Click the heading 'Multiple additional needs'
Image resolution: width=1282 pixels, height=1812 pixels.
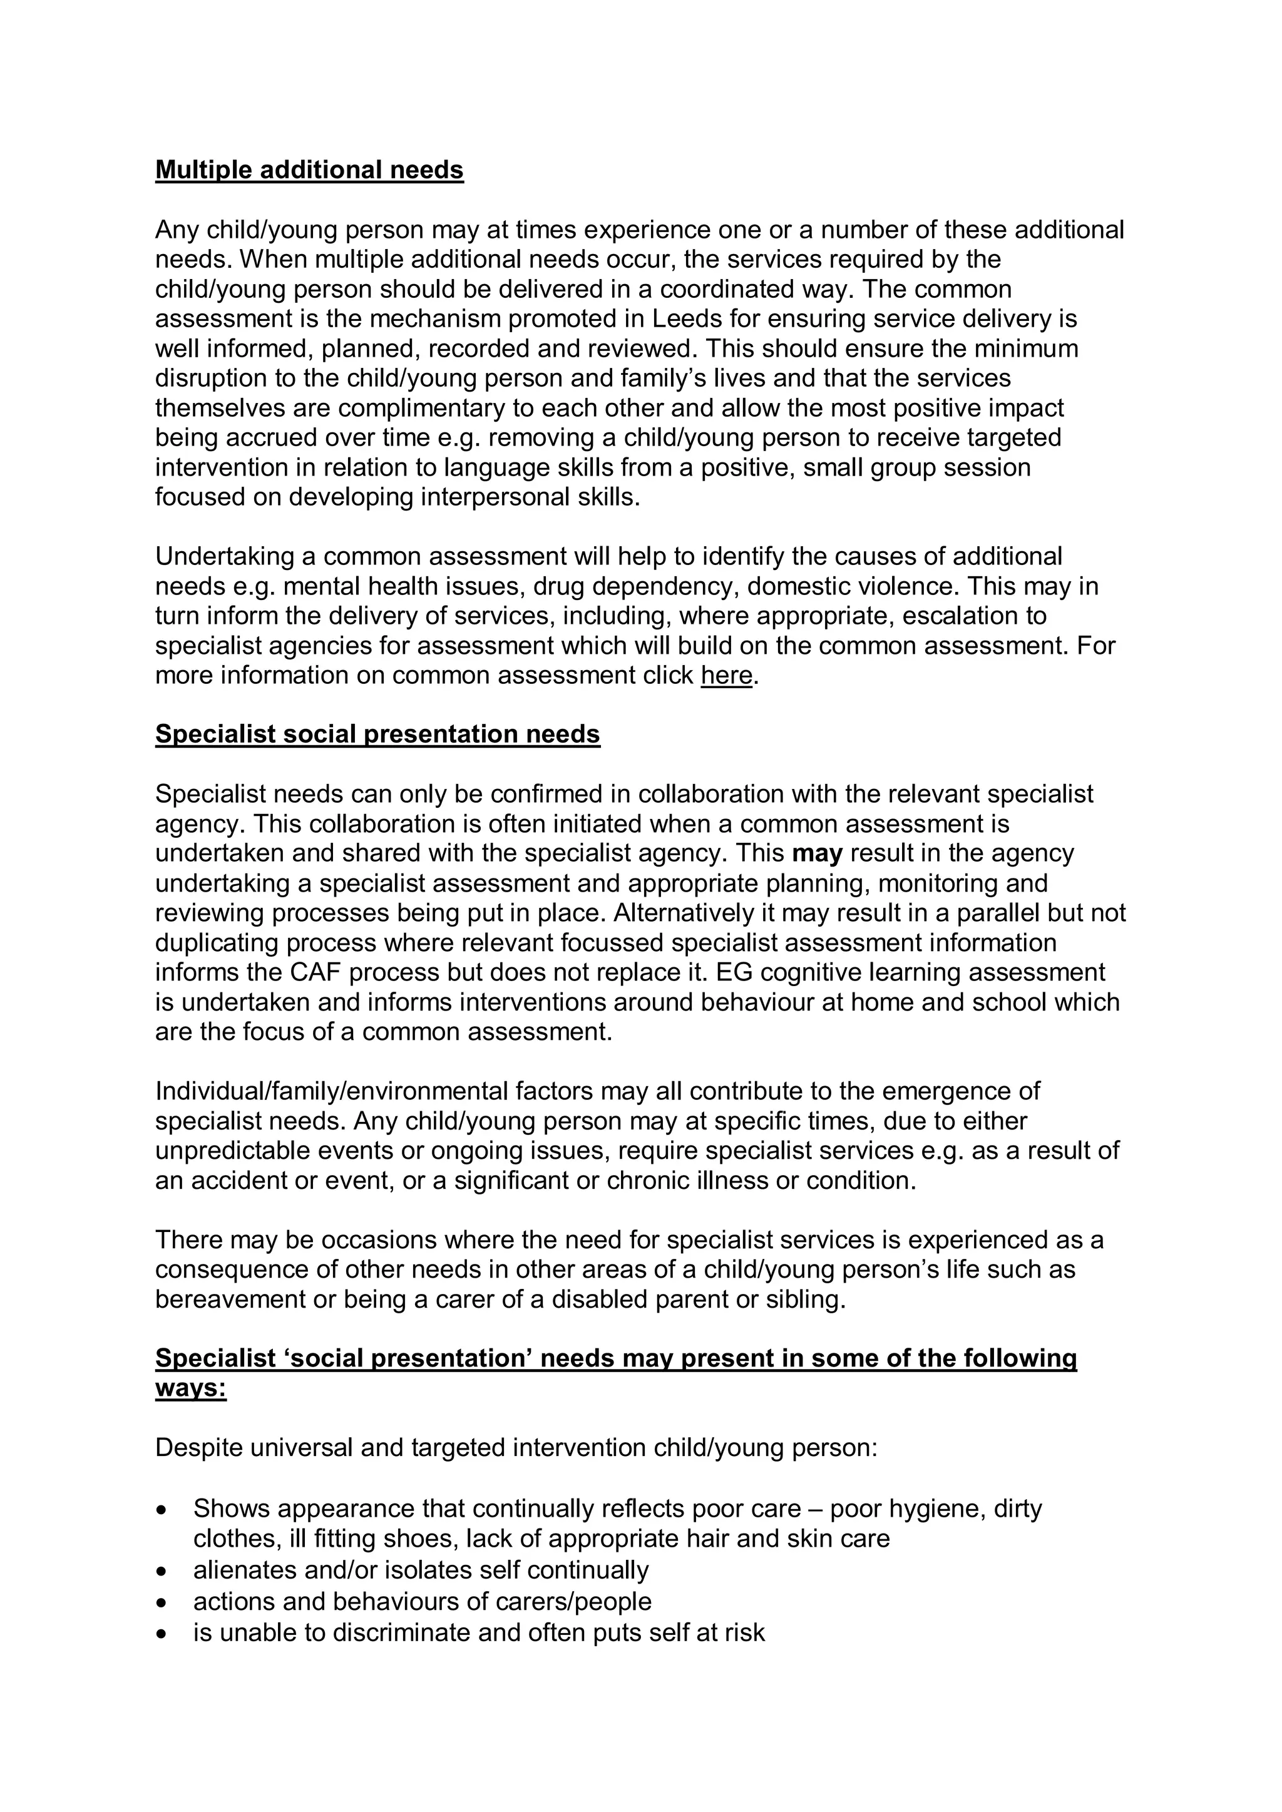click(309, 170)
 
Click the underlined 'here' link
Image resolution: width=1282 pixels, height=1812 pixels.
click(726, 676)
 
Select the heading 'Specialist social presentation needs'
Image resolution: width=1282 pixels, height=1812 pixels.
click(377, 734)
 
